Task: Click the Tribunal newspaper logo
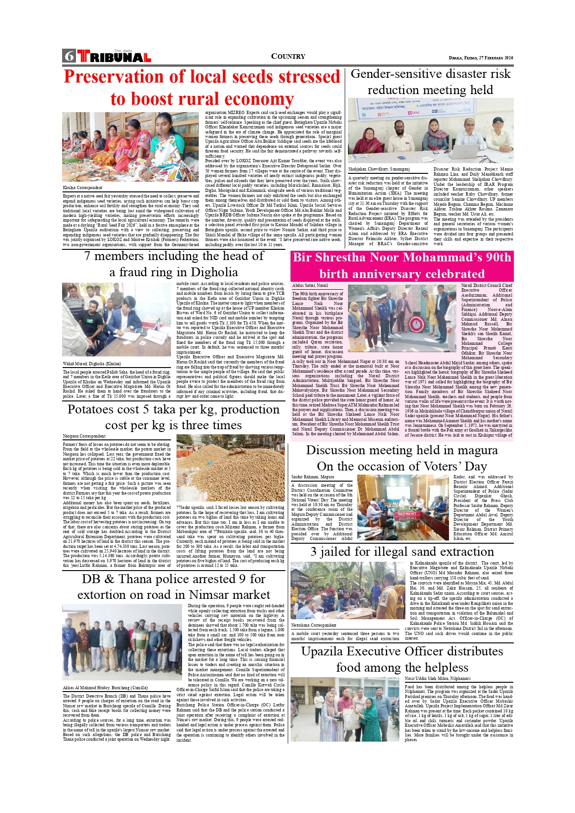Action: (x=114, y=57)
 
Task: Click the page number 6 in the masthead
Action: (x=69, y=56)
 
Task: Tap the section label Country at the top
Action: (x=288, y=57)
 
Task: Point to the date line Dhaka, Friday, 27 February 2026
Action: (x=480, y=58)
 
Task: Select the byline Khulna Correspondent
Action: (x=82, y=188)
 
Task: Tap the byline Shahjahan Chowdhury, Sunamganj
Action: (x=379, y=170)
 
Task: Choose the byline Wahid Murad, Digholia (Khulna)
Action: (x=92, y=364)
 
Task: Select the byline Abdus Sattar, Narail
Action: (x=310, y=286)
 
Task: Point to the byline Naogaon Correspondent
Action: (x=84, y=436)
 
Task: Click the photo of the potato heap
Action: (x=230, y=468)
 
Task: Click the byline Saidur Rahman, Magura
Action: (x=313, y=477)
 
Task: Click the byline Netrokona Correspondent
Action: (x=314, y=625)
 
